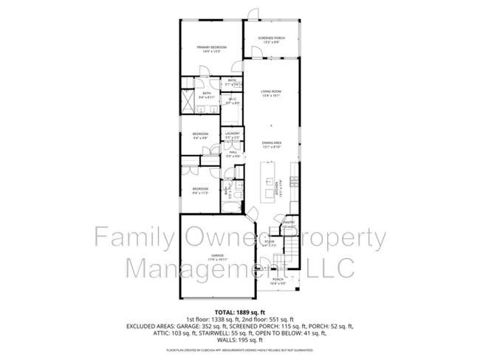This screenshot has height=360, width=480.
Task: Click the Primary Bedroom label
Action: click(x=211, y=47)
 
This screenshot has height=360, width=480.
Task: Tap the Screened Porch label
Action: click(x=272, y=38)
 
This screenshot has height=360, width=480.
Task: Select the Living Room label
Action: click(x=272, y=91)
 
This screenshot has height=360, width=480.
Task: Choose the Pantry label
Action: click(x=289, y=222)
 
